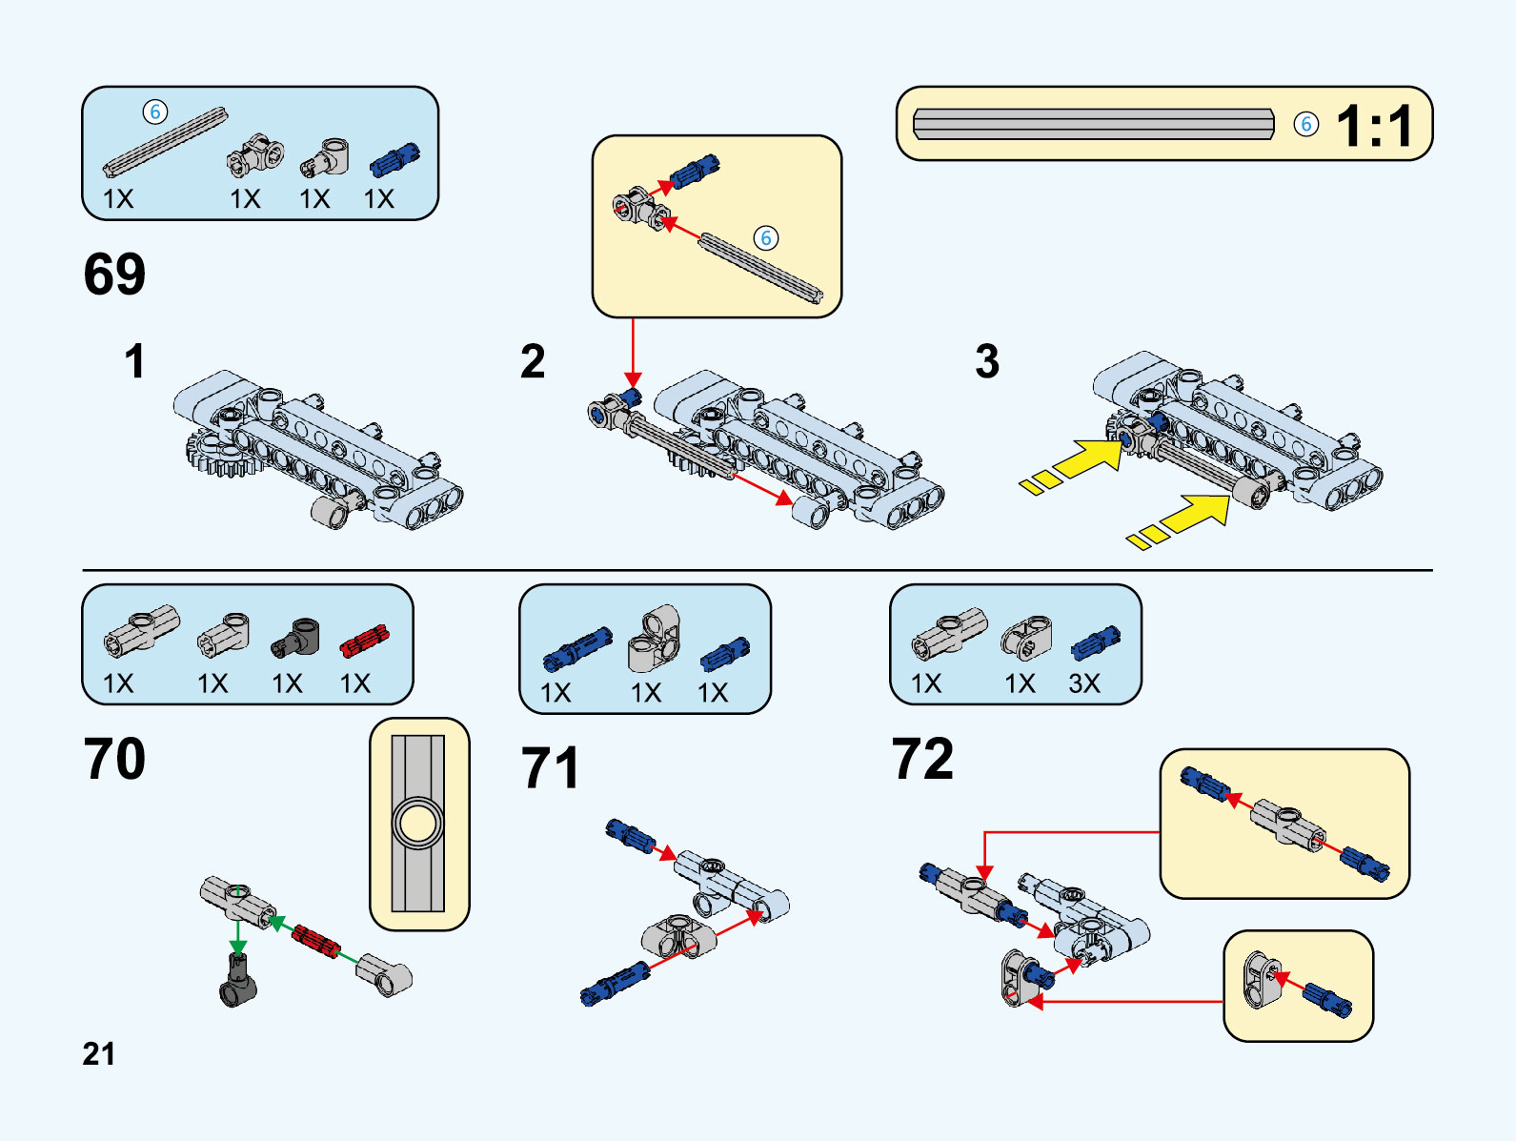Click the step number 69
point(114,275)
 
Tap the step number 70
point(114,759)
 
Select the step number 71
point(550,768)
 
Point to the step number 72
point(922,759)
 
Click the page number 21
point(98,1053)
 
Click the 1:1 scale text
point(1374,126)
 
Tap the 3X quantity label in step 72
point(1084,683)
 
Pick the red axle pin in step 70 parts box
point(365,641)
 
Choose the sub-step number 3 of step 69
point(987,362)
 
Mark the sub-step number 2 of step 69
point(533,362)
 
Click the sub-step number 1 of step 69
point(134,362)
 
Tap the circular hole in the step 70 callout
point(418,823)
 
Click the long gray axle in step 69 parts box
point(166,141)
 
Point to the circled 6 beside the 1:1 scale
point(1306,124)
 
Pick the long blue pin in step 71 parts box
point(577,649)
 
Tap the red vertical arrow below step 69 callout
point(633,353)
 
